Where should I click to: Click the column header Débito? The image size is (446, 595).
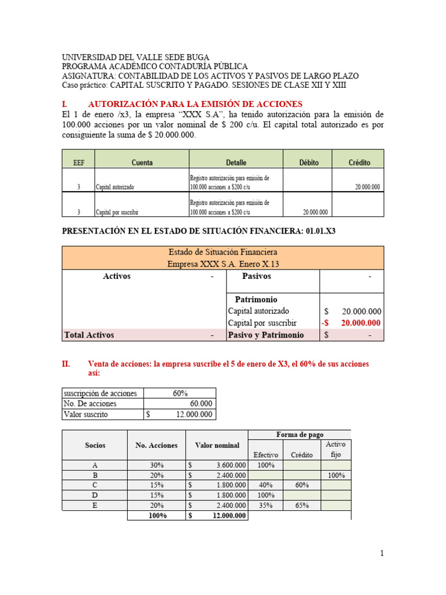308,163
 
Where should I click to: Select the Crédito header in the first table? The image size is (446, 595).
359,163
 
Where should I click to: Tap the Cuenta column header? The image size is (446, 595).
142,163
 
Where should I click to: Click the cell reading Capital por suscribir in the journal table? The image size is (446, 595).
117,212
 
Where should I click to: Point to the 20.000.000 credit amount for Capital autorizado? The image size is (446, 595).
367,187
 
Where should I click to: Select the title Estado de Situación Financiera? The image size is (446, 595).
222,252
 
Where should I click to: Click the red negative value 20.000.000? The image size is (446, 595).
361,323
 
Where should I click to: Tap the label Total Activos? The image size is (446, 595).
88,335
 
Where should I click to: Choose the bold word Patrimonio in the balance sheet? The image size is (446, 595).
256,299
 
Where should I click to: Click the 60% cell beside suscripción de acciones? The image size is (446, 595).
180,393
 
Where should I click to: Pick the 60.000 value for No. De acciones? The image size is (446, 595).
201,404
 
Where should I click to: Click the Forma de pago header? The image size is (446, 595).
300,435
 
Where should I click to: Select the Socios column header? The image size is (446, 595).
95,445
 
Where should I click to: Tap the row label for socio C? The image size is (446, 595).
95,485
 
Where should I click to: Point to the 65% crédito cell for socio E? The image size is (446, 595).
301,506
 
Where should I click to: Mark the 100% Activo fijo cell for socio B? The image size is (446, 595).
336,475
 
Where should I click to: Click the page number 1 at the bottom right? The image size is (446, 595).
382,554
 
